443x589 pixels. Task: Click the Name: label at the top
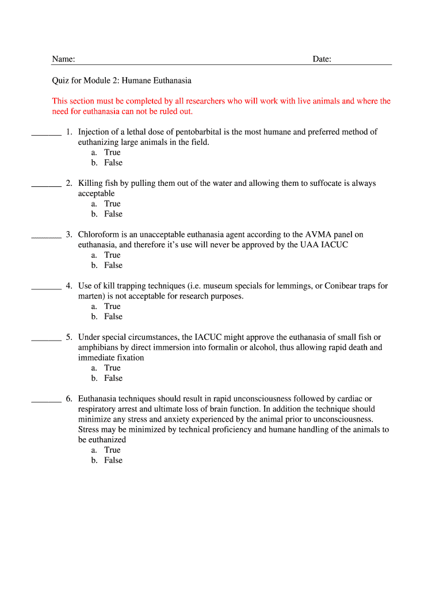pos(63,59)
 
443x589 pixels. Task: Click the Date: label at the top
pos(322,59)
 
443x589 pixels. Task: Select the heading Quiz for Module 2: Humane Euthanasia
pos(121,81)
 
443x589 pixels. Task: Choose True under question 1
pos(112,152)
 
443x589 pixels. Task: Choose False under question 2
pos(113,214)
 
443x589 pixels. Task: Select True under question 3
pos(112,255)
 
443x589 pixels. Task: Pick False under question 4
pos(113,316)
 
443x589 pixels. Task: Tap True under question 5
pos(112,368)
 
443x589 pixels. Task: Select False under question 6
pos(113,460)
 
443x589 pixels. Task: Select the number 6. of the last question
pos(68,399)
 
